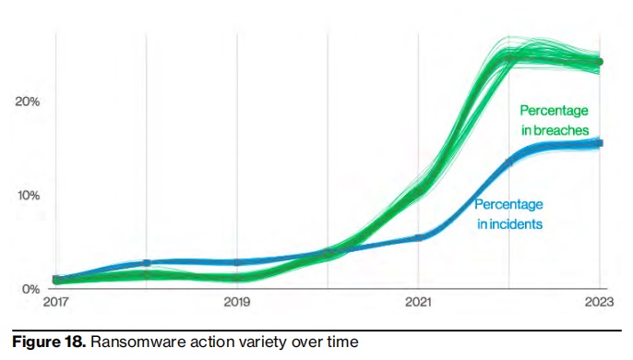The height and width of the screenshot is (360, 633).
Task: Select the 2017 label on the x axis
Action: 55,302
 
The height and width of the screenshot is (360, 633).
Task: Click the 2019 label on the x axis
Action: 237,302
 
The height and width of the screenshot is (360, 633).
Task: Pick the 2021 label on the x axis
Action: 419,302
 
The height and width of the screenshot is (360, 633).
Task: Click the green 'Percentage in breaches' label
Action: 554,121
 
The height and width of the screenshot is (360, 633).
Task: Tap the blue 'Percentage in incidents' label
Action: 508,214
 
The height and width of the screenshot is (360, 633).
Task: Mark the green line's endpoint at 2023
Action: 599,62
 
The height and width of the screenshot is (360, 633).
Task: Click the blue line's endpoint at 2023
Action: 599,143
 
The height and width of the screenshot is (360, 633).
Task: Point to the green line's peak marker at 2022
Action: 509,57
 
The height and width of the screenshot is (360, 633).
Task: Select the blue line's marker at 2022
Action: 509,162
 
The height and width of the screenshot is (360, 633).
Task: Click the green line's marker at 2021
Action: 419,191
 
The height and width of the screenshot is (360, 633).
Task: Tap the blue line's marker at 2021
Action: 419,237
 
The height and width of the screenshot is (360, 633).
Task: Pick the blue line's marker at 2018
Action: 147,263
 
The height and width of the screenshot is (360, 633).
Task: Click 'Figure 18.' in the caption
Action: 42,343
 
